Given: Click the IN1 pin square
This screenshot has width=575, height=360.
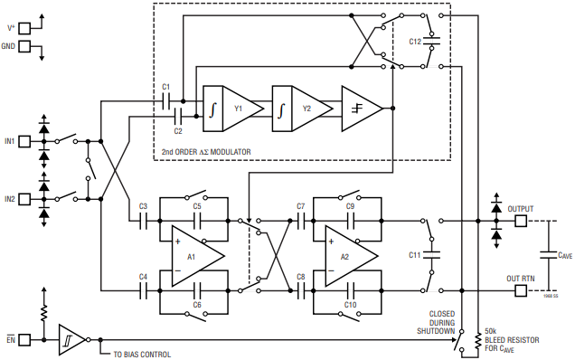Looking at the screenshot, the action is [x=24, y=141].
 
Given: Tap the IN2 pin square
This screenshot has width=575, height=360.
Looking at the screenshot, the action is [x=24, y=199].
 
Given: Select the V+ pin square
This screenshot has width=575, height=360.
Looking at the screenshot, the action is [x=24, y=28].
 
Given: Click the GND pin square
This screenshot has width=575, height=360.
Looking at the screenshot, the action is [x=24, y=46].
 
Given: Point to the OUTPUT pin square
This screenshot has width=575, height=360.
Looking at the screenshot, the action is [x=521, y=221].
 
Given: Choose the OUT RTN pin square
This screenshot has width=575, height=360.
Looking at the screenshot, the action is [x=521, y=291].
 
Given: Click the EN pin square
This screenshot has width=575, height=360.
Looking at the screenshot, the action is [x=24, y=340].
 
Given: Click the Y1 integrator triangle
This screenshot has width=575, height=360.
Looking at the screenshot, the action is [x=240, y=109].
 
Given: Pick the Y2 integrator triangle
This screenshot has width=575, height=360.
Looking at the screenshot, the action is [x=309, y=109].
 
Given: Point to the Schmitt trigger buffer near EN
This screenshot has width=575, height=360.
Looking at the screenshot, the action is [x=71, y=340].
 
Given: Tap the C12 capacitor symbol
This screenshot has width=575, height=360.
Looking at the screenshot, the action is [x=431, y=41].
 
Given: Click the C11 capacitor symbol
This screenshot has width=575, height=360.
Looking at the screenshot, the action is [x=431, y=255].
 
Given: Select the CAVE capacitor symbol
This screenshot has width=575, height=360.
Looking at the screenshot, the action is [x=549, y=255].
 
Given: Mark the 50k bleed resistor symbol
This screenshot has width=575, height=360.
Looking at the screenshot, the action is [x=478, y=341].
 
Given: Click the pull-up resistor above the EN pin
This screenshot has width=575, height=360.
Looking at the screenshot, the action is [x=44, y=313].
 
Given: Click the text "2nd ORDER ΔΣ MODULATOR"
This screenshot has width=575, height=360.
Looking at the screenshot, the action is [x=206, y=152].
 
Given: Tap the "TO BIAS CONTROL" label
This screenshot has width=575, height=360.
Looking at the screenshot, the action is [x=142, y=355].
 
